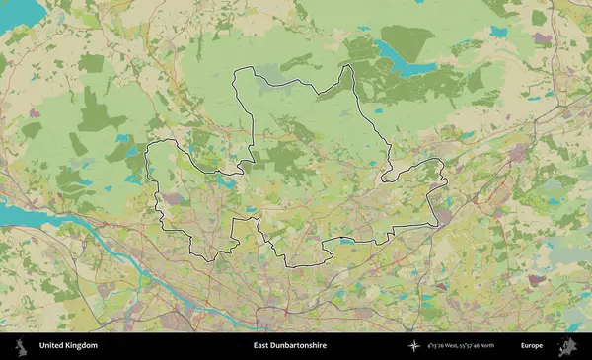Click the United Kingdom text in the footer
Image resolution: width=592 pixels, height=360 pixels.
tap(68, 346)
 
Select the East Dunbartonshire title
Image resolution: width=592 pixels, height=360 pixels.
tap(289, 346)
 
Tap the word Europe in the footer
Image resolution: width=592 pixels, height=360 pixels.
tap(532, 346)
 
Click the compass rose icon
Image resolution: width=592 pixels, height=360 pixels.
tap(420, 346)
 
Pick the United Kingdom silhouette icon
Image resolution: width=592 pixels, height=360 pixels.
tap(19, 346)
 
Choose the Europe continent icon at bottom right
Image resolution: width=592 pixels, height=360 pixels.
tap(567, 346)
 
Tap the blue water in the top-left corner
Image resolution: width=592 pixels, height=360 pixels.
tap(20, 15)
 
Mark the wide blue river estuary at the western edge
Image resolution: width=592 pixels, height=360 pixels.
tap(25, 211)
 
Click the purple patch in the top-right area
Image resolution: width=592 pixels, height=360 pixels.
tap(541, 39)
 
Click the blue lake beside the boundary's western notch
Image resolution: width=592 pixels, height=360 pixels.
tap(226, 181)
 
